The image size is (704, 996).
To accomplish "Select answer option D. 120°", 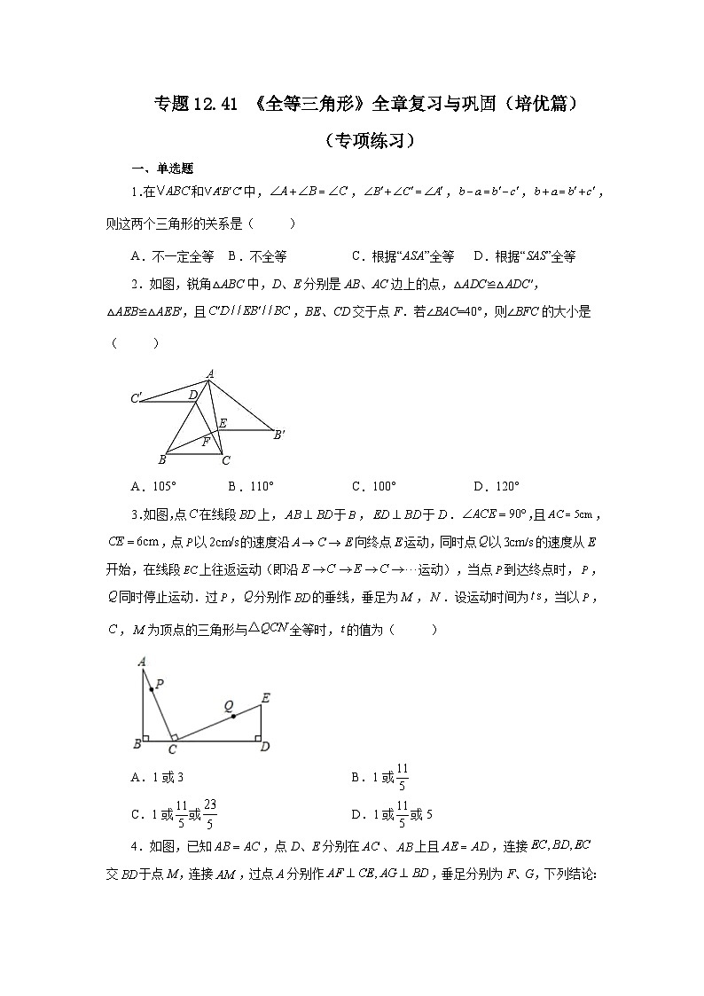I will click(497, 486).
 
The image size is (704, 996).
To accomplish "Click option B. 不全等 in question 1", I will click(257, 256).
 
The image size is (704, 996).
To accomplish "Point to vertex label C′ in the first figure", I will click(137, 399).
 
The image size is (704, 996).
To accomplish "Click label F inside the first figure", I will click(206, 441).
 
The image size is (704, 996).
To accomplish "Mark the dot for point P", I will click(153, 688).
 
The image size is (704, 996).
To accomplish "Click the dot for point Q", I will click(233, 716).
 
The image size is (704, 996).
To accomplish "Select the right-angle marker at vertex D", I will click(257, 735).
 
